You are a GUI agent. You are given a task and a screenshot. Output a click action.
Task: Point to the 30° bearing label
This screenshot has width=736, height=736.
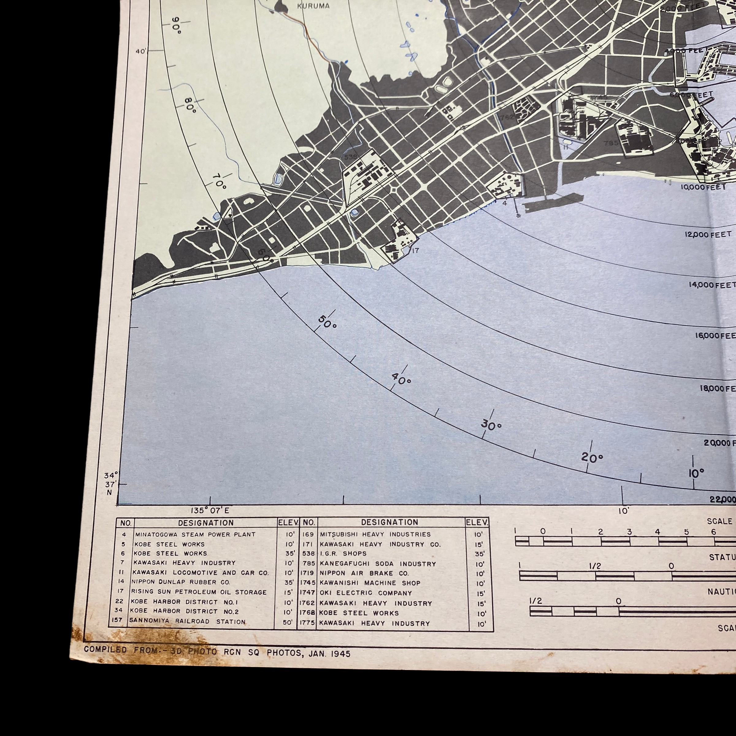(x=491, y=426)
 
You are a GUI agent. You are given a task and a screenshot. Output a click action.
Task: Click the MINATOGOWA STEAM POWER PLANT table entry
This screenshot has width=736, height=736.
(x=195, y=535)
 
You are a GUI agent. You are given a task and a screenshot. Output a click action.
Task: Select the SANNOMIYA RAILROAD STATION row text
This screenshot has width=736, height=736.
(x=187, y=622)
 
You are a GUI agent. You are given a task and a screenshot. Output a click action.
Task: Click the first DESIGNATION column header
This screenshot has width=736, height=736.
(x=206, y=523)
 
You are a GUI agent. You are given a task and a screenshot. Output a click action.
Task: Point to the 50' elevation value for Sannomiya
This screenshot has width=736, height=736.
(x=289, y=623)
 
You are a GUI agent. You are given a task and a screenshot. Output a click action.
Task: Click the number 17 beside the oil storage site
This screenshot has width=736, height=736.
(x=415, y=251)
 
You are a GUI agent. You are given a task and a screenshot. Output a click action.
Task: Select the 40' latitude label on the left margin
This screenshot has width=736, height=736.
(x=141, y=52)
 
